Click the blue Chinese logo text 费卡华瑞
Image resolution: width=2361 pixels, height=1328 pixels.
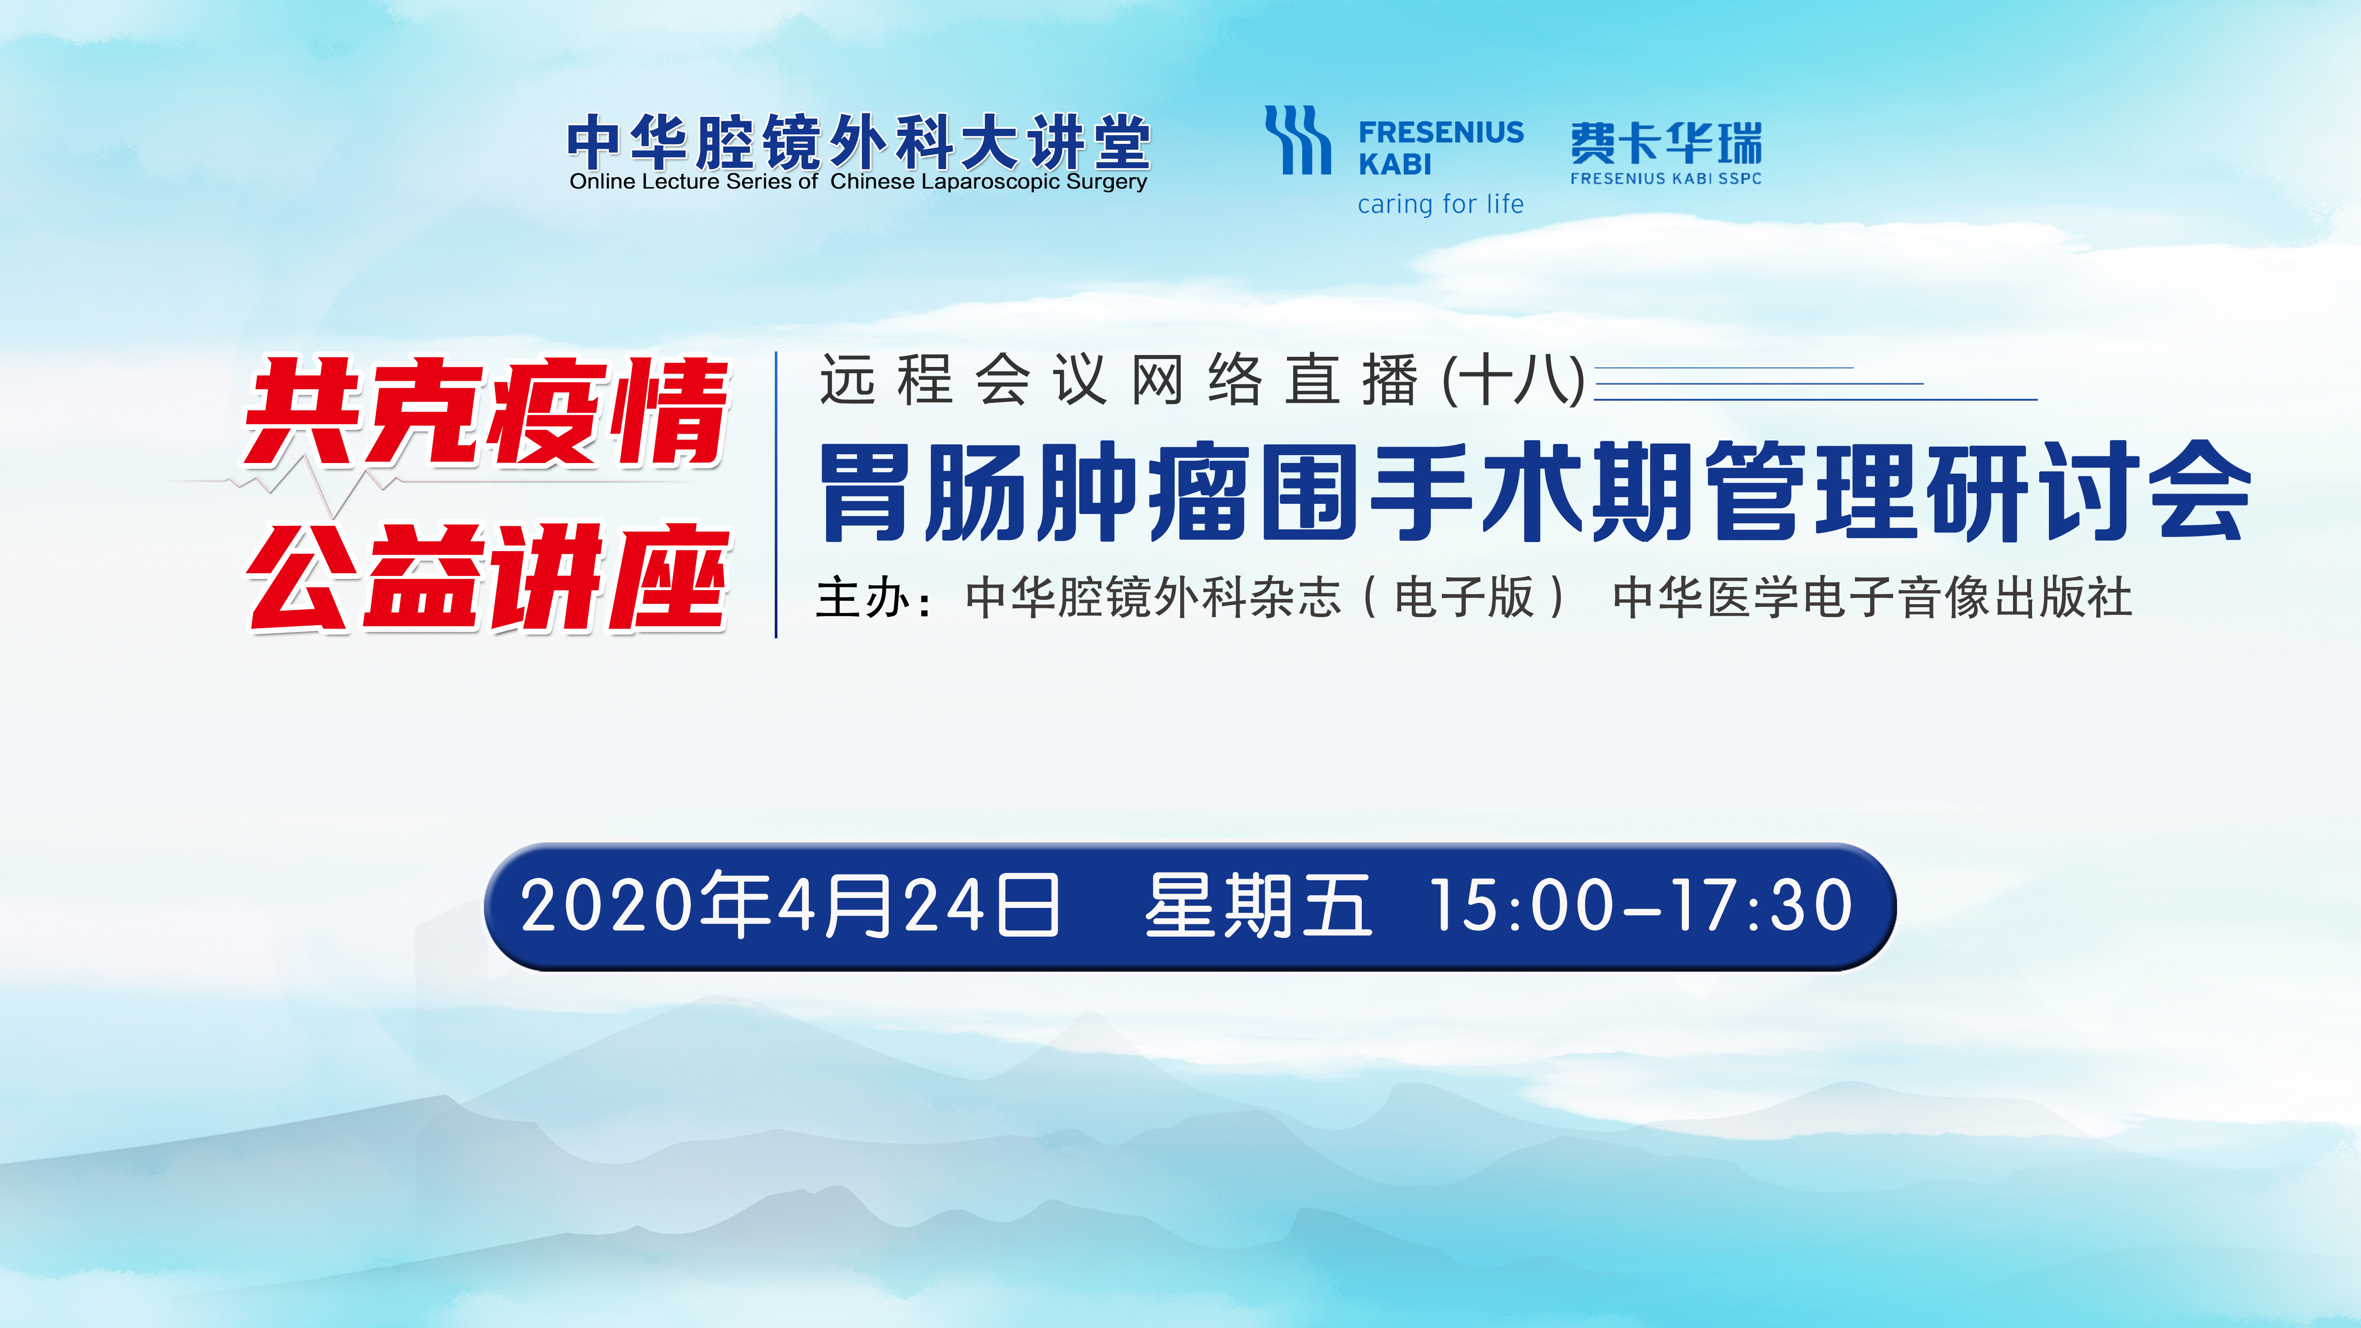click(1665, 144)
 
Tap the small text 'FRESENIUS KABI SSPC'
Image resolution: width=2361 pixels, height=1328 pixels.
click(1665, 179)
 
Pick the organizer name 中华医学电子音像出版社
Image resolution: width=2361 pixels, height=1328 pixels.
click(1873, 598)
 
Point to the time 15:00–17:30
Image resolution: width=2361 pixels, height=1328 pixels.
click(1641, 906)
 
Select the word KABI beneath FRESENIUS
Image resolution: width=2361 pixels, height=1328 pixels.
click(1394, 165)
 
